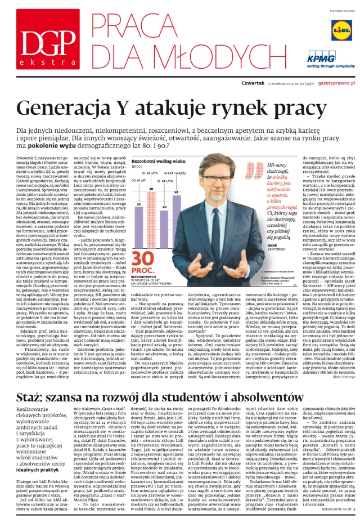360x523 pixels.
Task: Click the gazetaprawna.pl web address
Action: [333, 82]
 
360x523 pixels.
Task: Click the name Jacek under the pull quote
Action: [272, 245]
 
